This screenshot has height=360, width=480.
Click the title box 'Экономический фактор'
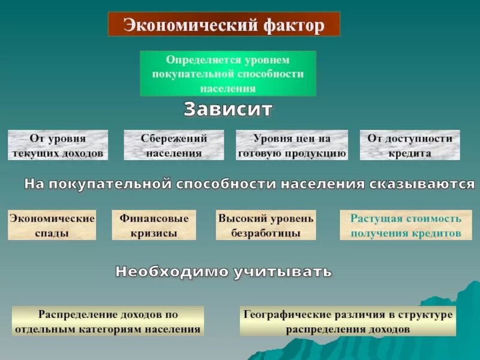(x=224, y=24)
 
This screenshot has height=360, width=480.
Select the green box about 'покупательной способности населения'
(x=228, y=74)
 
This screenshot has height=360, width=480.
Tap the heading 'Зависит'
(x=228, y=109)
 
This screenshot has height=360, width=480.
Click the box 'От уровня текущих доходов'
(x=58, y=145)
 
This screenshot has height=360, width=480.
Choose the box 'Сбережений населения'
(x=174, y=145)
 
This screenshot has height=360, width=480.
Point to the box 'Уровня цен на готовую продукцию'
(x=292, y=145)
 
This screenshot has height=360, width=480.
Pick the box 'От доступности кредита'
(x=410, y=145)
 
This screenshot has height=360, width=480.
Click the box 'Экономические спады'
(x=52, y=225)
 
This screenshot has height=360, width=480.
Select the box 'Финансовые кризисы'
(x=154, y=225)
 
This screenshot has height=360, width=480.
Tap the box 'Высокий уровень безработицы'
(x=266, y=225)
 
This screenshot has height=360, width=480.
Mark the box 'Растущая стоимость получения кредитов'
(x=406, y=225)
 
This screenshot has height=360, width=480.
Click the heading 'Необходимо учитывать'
(x=223, y=271)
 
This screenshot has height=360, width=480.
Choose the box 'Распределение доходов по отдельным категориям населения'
(x=108, y=321)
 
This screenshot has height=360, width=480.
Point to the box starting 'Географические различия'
(x=347, y=321)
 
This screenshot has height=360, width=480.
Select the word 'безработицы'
(x=266, y=233)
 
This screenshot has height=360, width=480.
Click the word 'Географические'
(x=280, y=314)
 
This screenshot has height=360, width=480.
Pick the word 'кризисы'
(x=154, y=233)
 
